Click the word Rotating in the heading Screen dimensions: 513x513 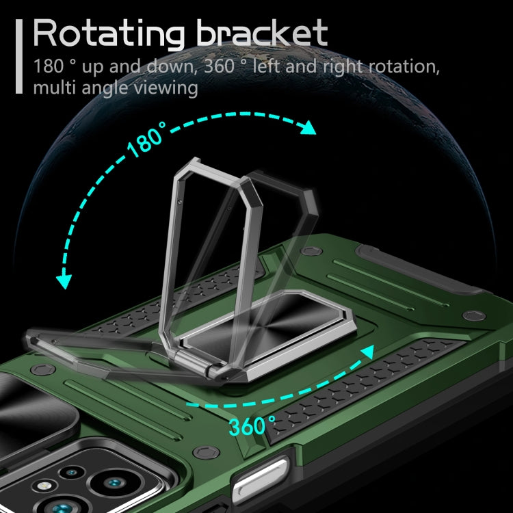(x=109, y=34)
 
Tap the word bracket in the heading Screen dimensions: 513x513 (x=262, y=33)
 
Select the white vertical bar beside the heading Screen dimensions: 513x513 (x=19, y=56)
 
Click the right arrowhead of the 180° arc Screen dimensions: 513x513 (x=308, y=128)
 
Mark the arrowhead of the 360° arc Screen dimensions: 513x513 (x=368, y=352)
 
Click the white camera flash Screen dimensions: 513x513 (x=45, y=486)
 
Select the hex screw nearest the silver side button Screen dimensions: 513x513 (x=206, y=453)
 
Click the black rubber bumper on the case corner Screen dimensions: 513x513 (x=415, y=268)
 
